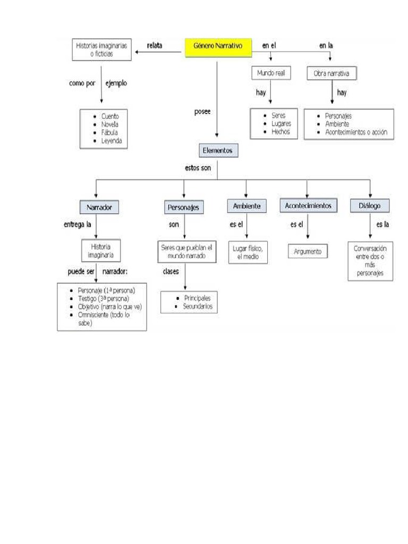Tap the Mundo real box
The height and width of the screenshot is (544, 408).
click(271, 73)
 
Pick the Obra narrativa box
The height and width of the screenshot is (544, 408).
click(331, 73)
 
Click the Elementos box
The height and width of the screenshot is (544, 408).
click(218, 151)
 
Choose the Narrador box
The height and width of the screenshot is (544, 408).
click(99, 207)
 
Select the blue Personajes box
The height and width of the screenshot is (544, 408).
click(183, 207)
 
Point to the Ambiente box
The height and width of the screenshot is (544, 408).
click(246, 206)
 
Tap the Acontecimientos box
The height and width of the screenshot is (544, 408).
click(308, 206)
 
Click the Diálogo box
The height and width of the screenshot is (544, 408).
click(370, 206)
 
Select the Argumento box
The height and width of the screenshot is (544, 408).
click(308, 251)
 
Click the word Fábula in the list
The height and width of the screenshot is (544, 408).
click(109, 132)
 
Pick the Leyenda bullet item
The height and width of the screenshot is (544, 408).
click(111, 141)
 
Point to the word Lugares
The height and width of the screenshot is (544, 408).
click(281, 124)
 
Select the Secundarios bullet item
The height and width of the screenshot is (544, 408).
click(197, 307)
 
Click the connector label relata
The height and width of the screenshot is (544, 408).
click(155, 46)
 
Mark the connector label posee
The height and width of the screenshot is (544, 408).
click(202, 112)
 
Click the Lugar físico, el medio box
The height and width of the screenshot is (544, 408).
click(247, 251)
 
